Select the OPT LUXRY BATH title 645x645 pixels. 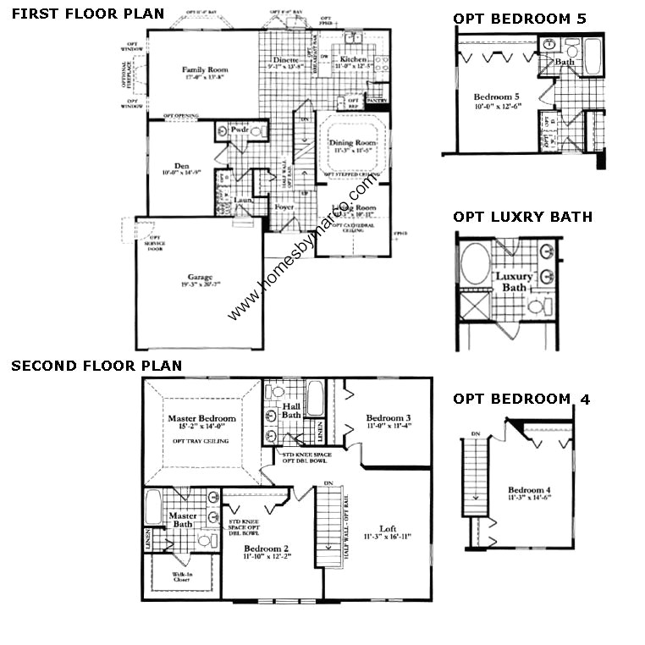point(522,217)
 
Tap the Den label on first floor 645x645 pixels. point(182,166)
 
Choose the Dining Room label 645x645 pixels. point(352,143)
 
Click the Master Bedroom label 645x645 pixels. point(201,418)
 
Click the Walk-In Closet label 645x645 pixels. point(182,576)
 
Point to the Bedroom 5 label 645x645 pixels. point(492,96)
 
